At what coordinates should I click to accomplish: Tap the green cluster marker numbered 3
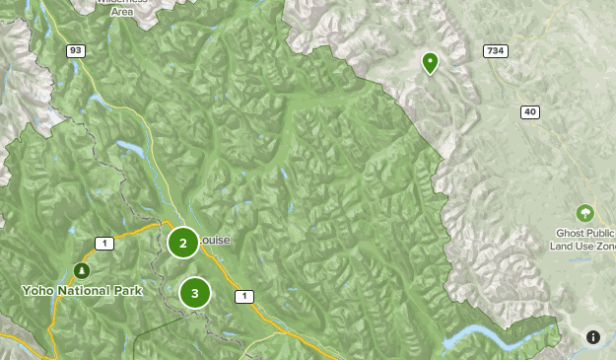pyautogui.click(x=195, y=292)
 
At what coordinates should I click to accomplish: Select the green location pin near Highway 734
pyautogui.click(x=430, y=63)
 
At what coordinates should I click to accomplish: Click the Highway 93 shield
pyautogui.click(x=75, y=50)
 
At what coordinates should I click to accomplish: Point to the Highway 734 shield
pyautogui.click(x=495, y=50)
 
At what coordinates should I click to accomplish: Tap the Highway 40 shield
pyautogui.click(x=531, y=112)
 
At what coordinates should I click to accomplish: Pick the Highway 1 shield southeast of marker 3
pyautogui.click(x=242, y=296)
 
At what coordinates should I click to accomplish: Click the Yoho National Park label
pyautogui.click(x=82, y=291)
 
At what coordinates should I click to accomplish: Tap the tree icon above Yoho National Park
pyautogui.click(x=82, y=270)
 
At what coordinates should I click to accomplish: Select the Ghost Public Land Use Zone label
pyautogui.click(x=585, y=239)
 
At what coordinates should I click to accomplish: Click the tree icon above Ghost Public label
pyautogui.click(x=585, y=213)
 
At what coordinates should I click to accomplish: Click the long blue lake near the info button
pyautogui.click(x=493, y=340)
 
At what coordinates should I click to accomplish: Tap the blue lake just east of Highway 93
pyautogui.click(x=130, y=149)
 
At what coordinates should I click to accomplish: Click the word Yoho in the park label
pyautogui.click(x=37, y=291)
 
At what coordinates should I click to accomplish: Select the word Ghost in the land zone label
pyautogui.click(x=571, y=233)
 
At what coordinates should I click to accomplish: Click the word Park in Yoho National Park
pyautogui.click(x=127, y=291)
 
